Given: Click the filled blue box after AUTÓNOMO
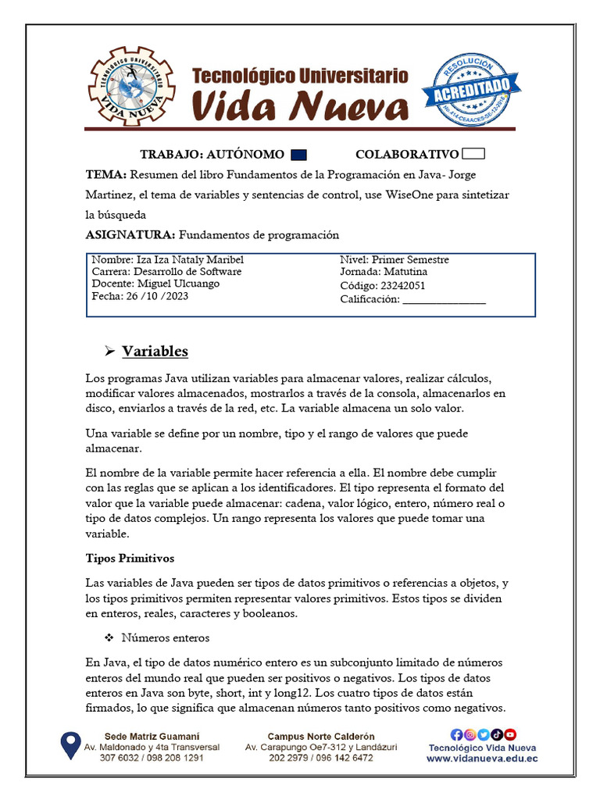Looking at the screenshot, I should pyautogui.click(x=298, y=154).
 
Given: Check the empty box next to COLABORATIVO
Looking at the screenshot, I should pyautogui.click(x=473, y=154).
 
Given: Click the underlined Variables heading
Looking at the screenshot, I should pyautogui.click(x=155, y=351).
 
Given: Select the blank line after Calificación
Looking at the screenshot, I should pyautogui.click(x=444, y=299).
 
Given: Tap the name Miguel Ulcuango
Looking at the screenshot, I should pyautogui.click(x=178, y=284).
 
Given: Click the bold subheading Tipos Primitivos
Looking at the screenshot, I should pyautogui.click(x=130, y=559).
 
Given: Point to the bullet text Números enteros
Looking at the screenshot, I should pyautogui.click(x=166, y=638).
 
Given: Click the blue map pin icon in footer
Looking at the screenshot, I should pyautogui.click(x=70, y=745).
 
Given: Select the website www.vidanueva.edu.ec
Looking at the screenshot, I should pyautogui.click(x=482, y=758).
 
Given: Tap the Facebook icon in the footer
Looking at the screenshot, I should pyautogui.click(x=457, y=734).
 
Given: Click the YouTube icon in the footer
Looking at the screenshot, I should pyautogui.click(x=510, y=734).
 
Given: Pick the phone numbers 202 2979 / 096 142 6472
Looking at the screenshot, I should pyautogui.click(x=321, y=758).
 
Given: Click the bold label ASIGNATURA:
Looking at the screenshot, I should pyautogui.click(x=130, y=234).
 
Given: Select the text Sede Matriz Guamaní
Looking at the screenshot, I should pyautogui.click(x=152, y=736).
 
